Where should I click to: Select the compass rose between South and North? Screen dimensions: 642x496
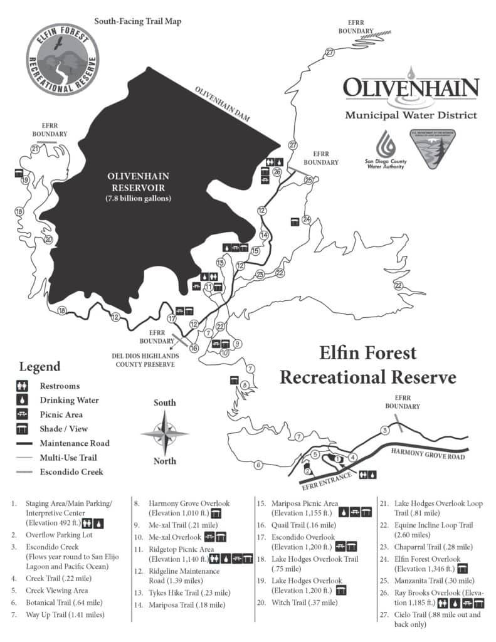(x=164, y=433)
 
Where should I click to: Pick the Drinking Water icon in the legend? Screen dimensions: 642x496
(x=23, y=400)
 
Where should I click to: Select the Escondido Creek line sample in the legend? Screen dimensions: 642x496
(x=23, y=471)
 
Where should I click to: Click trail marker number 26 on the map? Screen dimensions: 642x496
(x=277, y=171)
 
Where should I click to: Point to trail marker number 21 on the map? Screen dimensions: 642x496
(x=35, y=149)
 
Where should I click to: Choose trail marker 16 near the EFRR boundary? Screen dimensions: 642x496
(x=194, y=348)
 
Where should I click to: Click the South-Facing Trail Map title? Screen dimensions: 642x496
(x=137, y=21)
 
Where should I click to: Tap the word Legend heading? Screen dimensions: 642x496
(x=40, y=367)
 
